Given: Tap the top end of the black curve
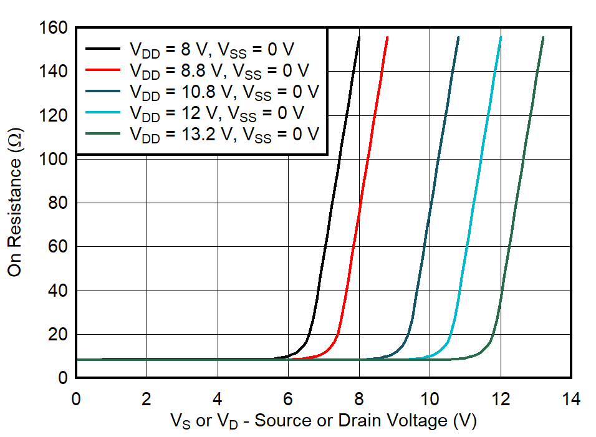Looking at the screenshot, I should (x=359, y=37).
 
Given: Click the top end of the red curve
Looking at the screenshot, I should (x=388, y=37).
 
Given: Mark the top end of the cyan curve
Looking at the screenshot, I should (x=501, y=37).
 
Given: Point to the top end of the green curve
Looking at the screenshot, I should (x=543, y=37).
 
